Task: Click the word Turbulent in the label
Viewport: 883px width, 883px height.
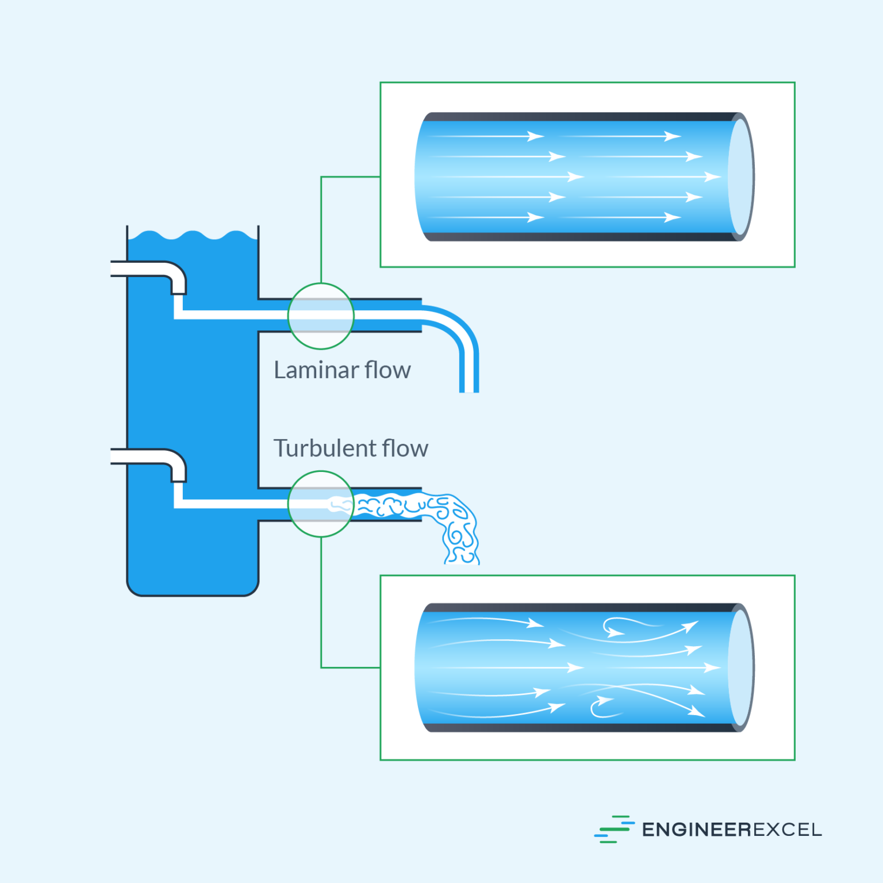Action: pos(324,448)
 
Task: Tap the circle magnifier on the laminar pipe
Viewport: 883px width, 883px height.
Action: pos(321,316)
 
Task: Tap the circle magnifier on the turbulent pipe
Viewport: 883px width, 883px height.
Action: pos(321,504)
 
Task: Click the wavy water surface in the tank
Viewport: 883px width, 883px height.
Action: pos(193,236)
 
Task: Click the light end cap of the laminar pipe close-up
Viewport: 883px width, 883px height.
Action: pos(741,176)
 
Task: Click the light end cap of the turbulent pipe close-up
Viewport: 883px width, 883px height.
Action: pos(741,667)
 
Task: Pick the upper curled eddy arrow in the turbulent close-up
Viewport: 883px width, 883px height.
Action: pos(615,628)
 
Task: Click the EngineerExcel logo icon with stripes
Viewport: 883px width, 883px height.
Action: pos(613,829)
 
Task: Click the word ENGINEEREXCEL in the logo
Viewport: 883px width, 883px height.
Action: pos(731,830)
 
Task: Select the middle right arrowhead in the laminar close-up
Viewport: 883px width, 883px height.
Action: pos(713,176)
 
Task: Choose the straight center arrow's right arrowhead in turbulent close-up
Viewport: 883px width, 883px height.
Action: pos(713,667)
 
